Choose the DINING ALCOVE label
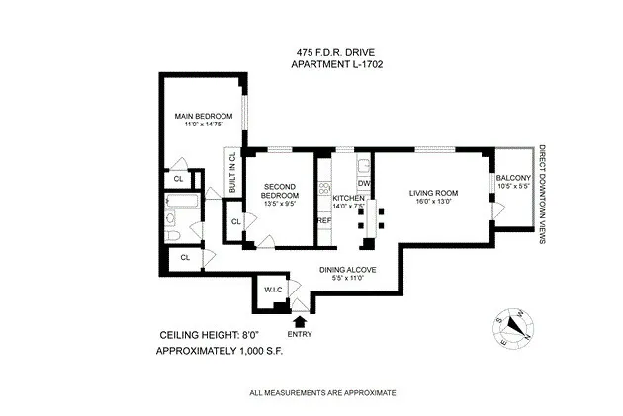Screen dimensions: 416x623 pos(344,269)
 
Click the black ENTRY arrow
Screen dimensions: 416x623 pos(301,319)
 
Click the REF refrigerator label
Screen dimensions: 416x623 pos(323,220)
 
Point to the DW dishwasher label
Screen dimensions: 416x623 pos(363,183)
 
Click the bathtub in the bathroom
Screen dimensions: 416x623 pos(183,208)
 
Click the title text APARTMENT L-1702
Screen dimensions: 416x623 pos(337,65)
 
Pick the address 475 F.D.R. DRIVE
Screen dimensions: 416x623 pos(337,52)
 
